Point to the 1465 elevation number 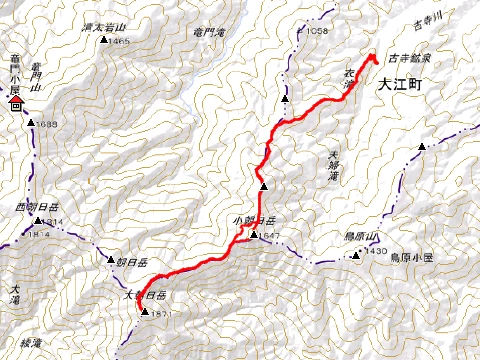[122, 41]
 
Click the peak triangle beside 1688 [33, 123]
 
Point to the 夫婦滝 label [334, 165]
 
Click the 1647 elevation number [267, 237]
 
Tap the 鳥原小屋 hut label [410, 258]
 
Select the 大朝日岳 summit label [143, 296]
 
